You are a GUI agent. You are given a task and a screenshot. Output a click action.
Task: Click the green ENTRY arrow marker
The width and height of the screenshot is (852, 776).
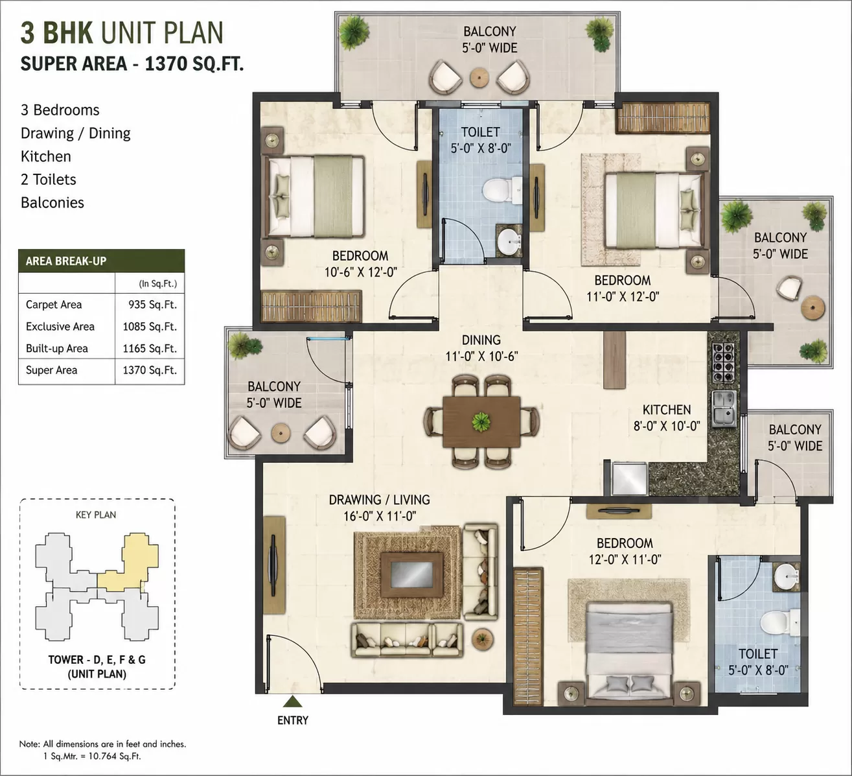(293, 701)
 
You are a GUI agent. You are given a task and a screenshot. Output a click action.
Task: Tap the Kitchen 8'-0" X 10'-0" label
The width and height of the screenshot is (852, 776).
(667, 417)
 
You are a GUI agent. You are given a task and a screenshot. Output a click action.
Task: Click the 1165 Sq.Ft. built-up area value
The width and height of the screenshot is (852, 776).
(150, 349)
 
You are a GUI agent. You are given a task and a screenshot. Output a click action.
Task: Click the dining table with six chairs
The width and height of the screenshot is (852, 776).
(481, 421)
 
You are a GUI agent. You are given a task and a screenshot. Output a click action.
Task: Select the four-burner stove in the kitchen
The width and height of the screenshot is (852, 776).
(723, 363)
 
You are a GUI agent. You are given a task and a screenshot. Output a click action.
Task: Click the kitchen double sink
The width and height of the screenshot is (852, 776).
(724, 408)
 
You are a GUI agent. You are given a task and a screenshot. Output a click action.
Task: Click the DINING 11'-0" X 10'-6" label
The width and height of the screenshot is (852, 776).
(481, 348)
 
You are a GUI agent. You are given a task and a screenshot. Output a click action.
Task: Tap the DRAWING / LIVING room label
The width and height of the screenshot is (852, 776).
(379, 500)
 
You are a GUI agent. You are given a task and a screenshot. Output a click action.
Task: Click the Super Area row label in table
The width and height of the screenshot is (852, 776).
(51, 370)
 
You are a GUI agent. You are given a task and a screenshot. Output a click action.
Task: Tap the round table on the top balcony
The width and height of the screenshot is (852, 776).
(479, 78)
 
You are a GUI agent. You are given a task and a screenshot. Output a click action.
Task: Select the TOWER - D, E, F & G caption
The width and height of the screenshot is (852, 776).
(97, 660)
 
